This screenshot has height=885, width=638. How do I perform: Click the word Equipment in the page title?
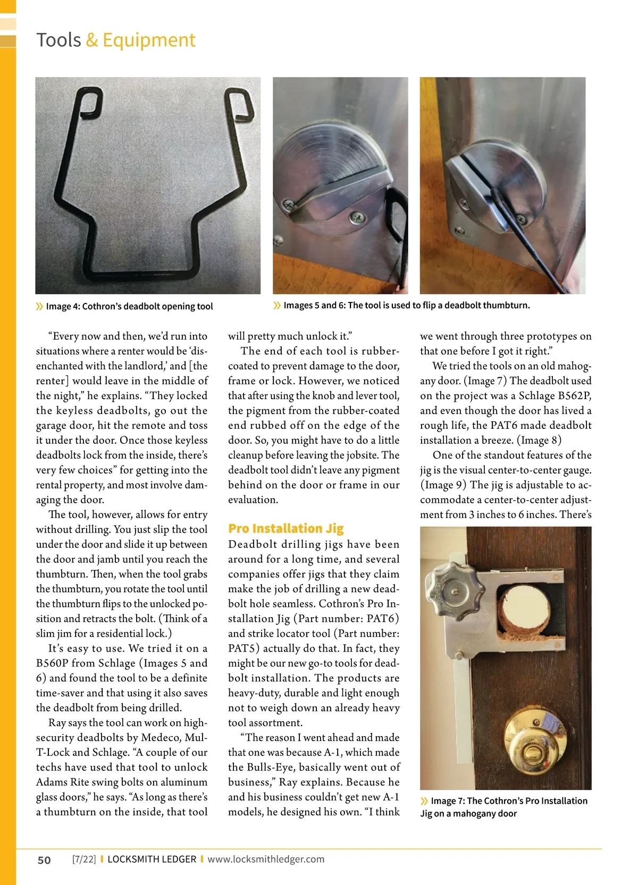tap(149, 40)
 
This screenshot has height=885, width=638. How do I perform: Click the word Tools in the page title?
tap(58, 40)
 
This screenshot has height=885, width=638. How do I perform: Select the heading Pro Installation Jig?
tap(286, 528)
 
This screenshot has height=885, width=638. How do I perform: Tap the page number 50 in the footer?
tap(44, 860)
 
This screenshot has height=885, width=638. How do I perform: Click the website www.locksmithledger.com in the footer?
tap(266, 859)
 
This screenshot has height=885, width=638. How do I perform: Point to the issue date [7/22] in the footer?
tap(84, 859)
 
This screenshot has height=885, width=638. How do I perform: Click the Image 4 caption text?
tap(129, 306)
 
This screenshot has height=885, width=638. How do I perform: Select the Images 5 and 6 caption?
tap(406, 305)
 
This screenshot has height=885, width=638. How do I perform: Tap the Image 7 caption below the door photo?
tap(503, 807)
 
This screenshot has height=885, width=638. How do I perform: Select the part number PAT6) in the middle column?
tap(382, 618)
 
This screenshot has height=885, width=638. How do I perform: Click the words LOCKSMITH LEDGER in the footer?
tap(152, 859)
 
